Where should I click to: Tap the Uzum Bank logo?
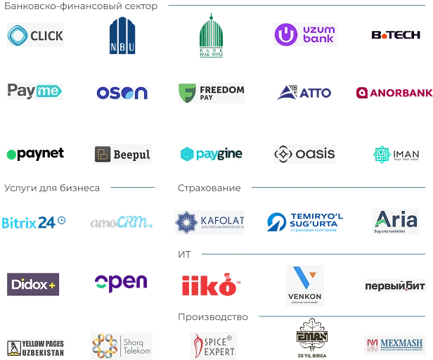[303, 37]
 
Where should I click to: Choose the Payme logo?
[37, 90]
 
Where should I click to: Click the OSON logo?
[123, 92]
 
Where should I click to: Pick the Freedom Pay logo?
[211, 93]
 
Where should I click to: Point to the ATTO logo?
[304, 93]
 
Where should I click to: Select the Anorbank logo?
[393, 93]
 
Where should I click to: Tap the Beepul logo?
[121, 155]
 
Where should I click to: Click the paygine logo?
[211, 153]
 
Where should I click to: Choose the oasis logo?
[303, 154]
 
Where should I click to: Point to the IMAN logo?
[396, 154]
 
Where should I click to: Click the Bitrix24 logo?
[34, 222]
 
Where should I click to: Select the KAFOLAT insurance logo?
[211, 222]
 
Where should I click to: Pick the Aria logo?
[396, 221]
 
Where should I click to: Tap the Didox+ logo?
[34, 284]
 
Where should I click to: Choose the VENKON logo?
[304, 286]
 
